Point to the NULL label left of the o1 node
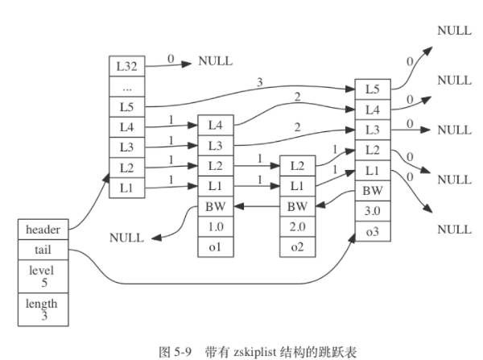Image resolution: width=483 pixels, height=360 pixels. (x=126, y=238)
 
